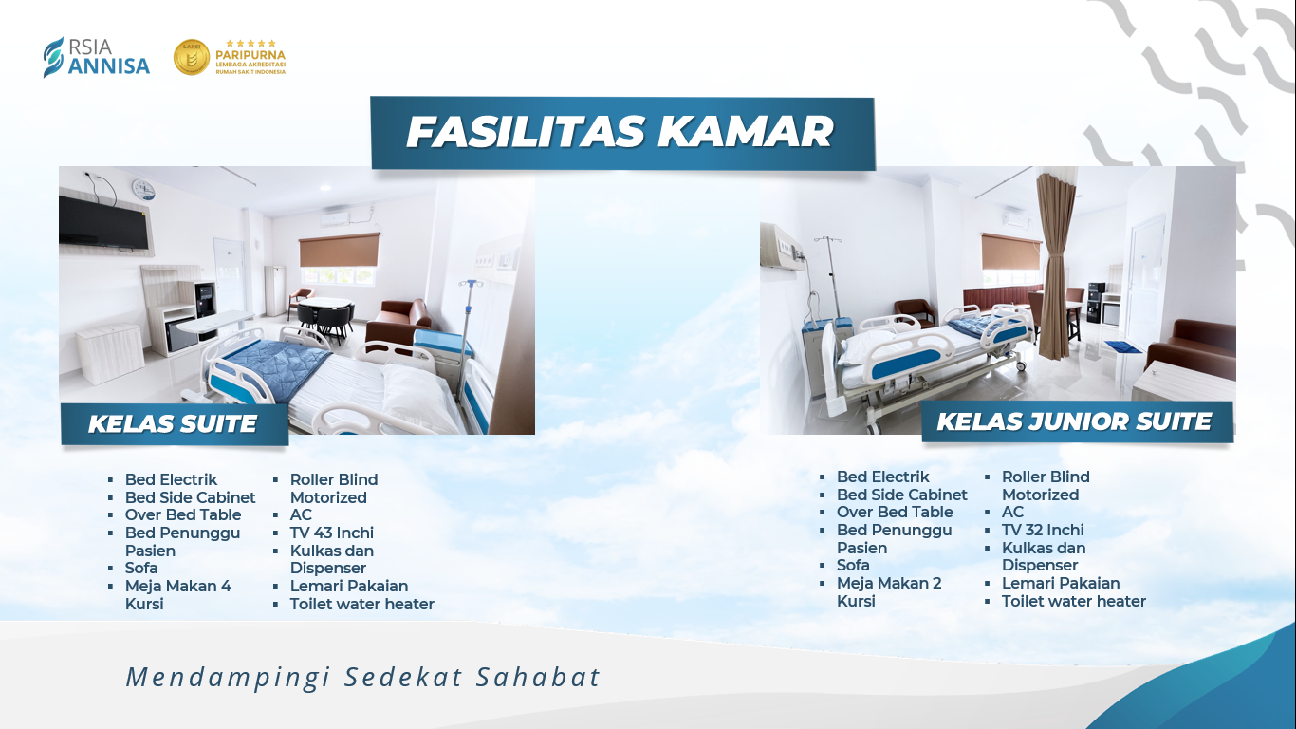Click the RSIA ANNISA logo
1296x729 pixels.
coord(97,57)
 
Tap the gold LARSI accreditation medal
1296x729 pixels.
coord(192,57)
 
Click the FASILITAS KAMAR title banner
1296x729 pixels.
coord(622,133)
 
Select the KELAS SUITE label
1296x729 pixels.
coord(175,424)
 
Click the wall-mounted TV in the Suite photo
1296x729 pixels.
coord(104,223)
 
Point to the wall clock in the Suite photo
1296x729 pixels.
coord(143,188)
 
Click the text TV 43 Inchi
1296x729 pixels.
coord(331,533)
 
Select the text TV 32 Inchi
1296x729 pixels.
coord(1043,530)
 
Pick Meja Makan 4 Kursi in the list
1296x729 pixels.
coord(178,594)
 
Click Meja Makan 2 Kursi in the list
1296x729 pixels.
coord(889,591)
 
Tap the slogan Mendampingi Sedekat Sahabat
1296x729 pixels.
coord(363,678)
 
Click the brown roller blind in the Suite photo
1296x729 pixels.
coord(339,251)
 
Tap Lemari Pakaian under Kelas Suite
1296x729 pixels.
coord(349,586)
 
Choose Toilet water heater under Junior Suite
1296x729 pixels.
coord(1074,601)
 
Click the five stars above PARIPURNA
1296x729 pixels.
coord(250,44)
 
